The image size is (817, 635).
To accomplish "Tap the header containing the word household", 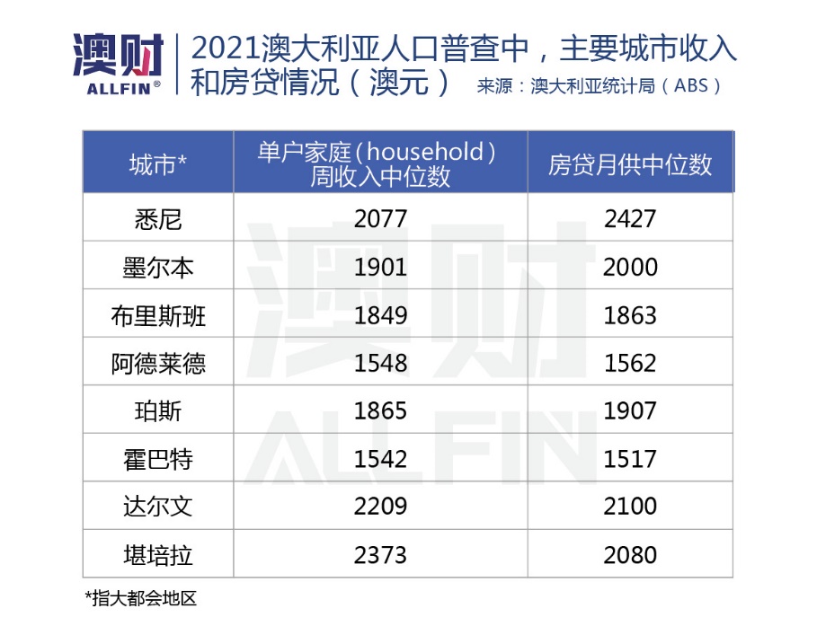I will (379, 163).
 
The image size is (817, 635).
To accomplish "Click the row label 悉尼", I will (157, 219).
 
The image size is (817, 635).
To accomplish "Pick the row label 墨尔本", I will (157, 268).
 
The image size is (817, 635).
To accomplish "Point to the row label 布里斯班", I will (157, 315).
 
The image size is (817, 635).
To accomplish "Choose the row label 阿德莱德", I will (157, 364).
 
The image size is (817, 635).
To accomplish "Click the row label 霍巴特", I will (157, 460).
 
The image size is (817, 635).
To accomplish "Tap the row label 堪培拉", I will (157, 555).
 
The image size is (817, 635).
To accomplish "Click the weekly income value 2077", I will (380, 219).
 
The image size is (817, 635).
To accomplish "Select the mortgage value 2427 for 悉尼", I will (630, 219).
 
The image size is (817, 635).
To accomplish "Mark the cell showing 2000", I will (630, 268).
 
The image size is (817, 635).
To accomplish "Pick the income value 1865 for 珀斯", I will (380, 411).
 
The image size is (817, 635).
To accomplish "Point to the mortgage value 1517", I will (630, 460).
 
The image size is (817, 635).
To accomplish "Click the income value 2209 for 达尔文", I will (380, 507).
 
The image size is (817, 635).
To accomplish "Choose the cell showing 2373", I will (380, 555).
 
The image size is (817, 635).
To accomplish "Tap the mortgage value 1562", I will (630, 364).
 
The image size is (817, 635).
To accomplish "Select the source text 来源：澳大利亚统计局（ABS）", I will (599, 87).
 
